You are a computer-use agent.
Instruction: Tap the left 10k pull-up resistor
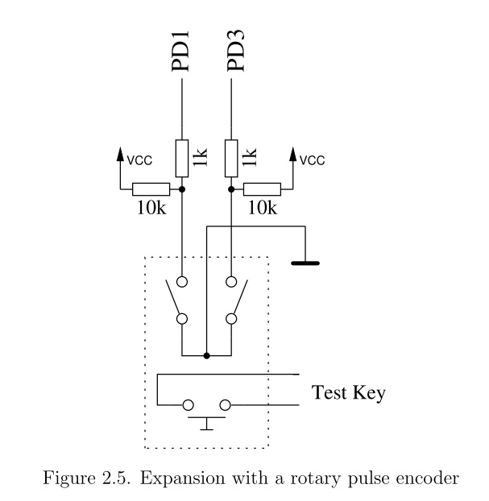pos(151,189)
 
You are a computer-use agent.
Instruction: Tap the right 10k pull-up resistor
pos(262,189)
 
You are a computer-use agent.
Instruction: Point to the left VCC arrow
pos(121,153)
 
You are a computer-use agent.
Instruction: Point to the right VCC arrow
pos(292,153)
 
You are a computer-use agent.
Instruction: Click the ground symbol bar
pos(305,263)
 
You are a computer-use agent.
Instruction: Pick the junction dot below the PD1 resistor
pos(182,189)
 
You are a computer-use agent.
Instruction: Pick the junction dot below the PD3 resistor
pos(232,189)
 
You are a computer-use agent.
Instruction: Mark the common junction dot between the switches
pos(207,355)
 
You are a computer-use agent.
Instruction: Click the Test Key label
pos(348,394)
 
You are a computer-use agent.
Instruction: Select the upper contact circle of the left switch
pos(182,282)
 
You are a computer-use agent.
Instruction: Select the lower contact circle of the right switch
pos(232,319)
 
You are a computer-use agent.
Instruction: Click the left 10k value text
pos(151,208)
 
